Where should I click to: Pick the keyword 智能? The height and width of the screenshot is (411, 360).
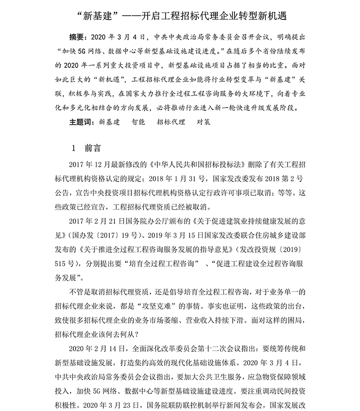point(138,122)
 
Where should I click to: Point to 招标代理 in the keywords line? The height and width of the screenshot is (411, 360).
point(171,122)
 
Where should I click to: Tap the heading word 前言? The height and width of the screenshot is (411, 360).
point(92,148)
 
